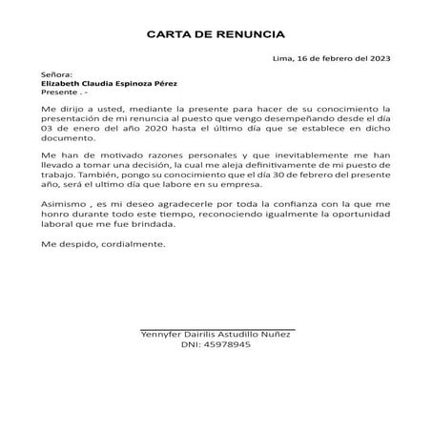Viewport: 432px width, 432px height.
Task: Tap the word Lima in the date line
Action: [283, 58]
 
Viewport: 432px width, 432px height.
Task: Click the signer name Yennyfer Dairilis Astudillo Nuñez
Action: [216, 334]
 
